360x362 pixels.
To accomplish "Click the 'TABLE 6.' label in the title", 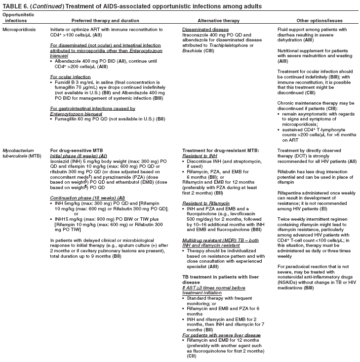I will (14, 5).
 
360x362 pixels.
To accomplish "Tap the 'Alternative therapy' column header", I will (218, 21).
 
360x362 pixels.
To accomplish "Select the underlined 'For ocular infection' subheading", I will (71, 77).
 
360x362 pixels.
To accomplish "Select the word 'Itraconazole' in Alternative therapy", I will (196, 35).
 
